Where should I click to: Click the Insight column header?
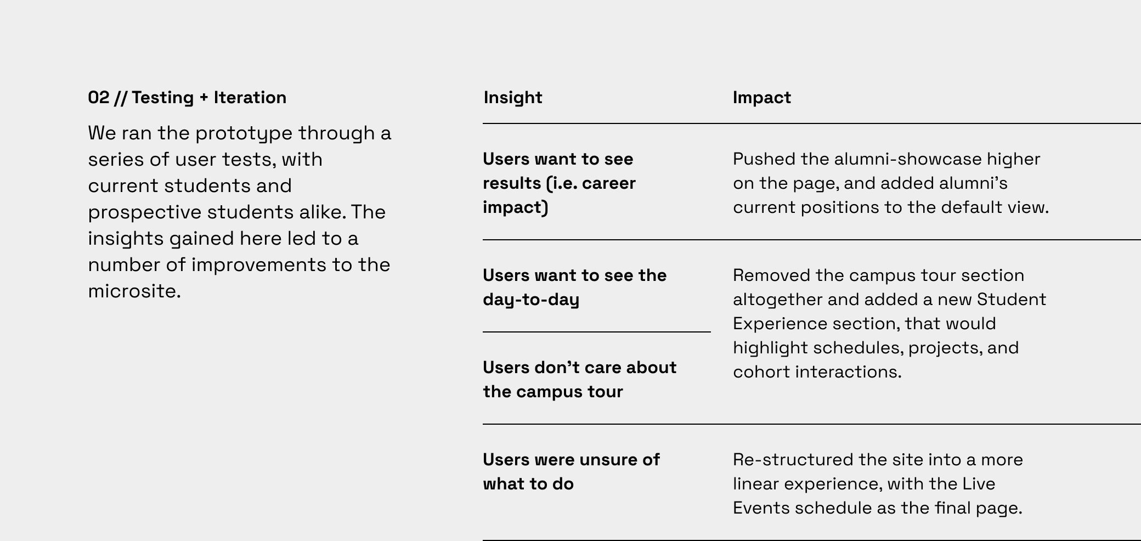click(513, 98)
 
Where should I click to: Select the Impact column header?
click(762, 98)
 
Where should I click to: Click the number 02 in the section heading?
click(99, 98)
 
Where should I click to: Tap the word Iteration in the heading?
click(250, 98)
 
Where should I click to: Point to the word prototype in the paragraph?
click(244, 133)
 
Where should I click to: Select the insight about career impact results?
click(559, 183)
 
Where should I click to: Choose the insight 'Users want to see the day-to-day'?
click(575, 288)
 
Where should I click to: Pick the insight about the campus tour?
click(580, 380)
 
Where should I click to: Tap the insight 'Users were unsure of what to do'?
click(571, 472)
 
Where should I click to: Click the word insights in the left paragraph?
click(126, 239)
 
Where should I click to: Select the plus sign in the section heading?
click(204, 98)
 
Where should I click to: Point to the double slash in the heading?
click(121, 98)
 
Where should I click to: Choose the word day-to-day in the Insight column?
click(531, 300)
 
